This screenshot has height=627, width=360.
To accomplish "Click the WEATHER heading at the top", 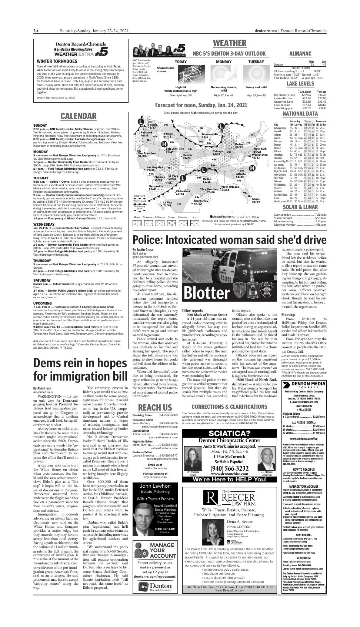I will [230, 43].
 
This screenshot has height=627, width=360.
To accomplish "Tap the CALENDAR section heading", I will [78, 116].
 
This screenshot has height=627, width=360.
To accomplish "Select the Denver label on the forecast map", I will [188, 155].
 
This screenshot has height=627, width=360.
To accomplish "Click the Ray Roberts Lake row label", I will [284, 94].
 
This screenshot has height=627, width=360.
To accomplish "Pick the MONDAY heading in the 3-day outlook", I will [224, 62].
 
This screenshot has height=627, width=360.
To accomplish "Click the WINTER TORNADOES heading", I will [57, 62].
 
